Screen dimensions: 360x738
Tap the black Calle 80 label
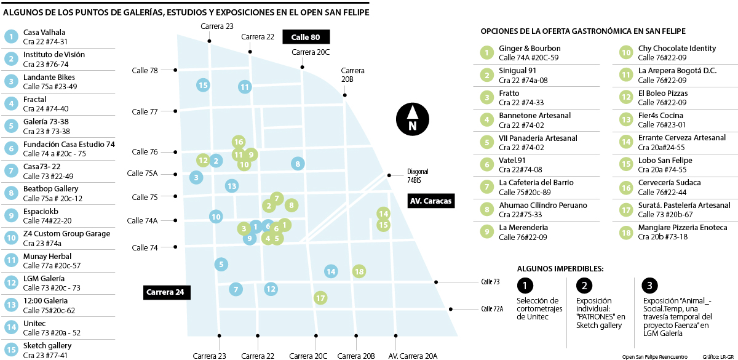coord(306,37)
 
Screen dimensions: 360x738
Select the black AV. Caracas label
coord(430,201)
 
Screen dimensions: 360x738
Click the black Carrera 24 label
coord(165,292)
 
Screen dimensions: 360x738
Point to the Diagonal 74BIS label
coord(418,176)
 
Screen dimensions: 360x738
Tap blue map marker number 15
coord(203,85)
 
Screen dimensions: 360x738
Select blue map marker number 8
coord(298,164)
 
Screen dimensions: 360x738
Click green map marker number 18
coord(359,271)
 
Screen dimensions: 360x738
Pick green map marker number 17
coord(320,298)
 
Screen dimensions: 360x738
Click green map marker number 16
coord(239,142)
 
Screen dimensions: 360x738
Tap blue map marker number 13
coord(231,185)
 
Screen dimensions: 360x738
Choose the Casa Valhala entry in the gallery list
coord(44,32)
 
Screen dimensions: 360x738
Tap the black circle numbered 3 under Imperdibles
coord(649,286)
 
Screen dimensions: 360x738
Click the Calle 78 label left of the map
coord(145,70)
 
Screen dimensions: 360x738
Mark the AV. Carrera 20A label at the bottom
coord(413,356)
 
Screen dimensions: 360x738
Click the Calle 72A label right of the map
coord(492,309)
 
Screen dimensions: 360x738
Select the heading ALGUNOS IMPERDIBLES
coord(560,268)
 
